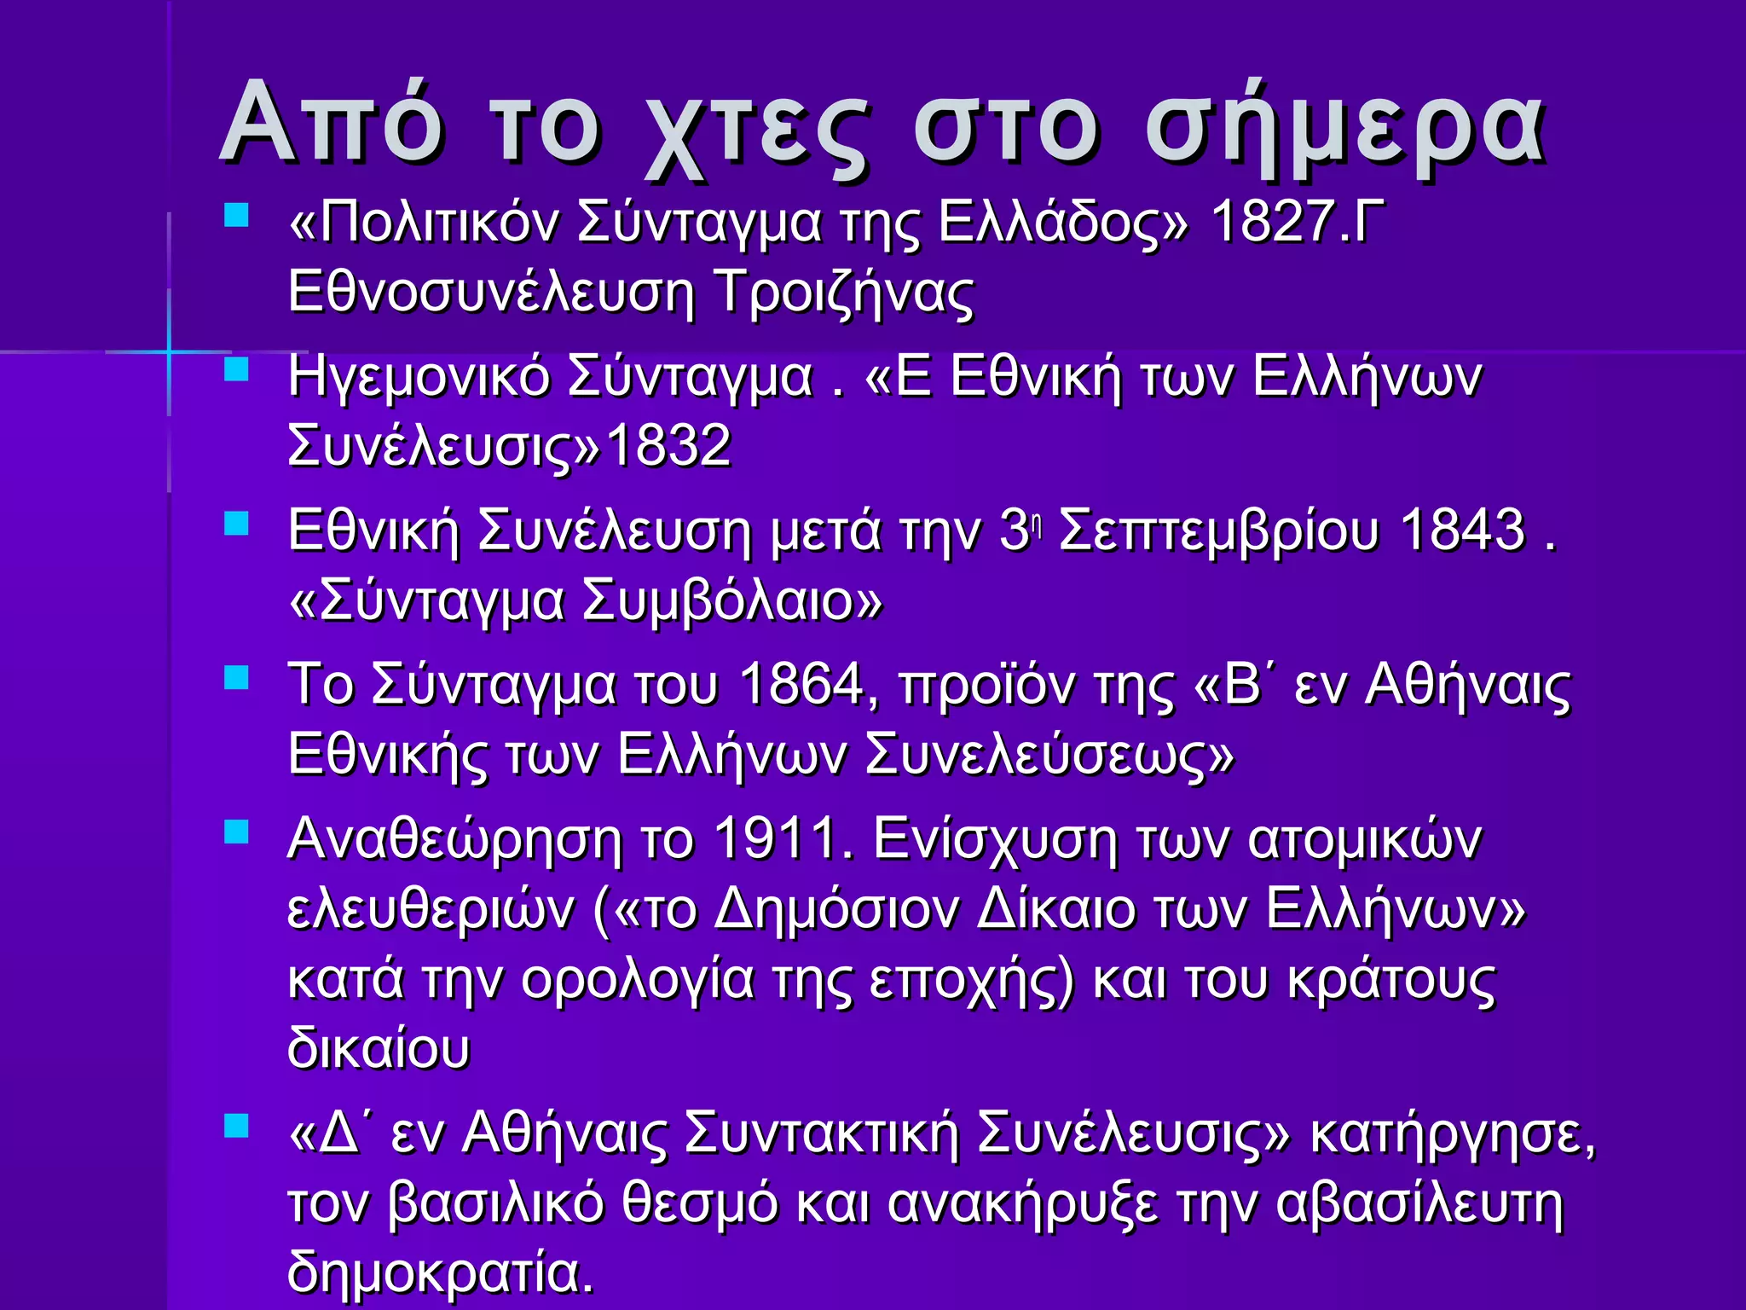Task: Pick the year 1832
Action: pyautogui.click(x=668, y=445)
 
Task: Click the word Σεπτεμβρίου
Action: pyautogui.click(x=1218, y=530)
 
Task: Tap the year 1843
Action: pyautogui.click(x=1462, y=530)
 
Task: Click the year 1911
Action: pyautogui.click(x=776, y=839)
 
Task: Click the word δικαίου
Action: pyautogui.click(x=379, y=1049)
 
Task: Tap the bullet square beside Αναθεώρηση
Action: pyautogui.click(x=236, y=832)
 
